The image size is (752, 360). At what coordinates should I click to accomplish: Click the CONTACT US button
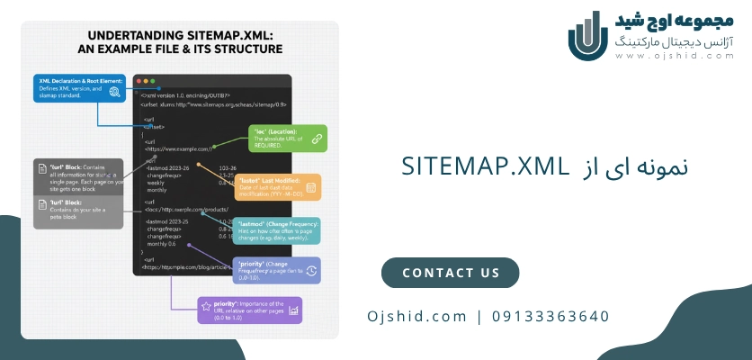click(450, 273)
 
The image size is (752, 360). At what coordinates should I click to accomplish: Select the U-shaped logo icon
click(589, 35)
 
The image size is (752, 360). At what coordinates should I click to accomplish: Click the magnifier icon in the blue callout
click(114, 91)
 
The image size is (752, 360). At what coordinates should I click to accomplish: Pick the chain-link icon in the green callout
click(316, 138)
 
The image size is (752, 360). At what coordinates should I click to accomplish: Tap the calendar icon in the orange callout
click(310, 188)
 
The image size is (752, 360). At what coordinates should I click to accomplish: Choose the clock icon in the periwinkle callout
click(310, 270)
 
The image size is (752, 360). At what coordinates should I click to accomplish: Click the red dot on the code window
click(139, 82)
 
